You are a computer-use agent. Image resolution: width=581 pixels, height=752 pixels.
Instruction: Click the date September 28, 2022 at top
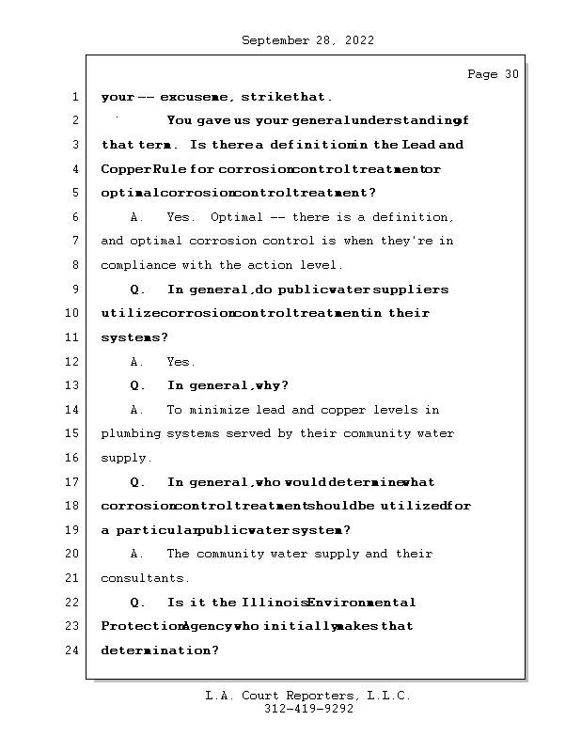click(307, 40)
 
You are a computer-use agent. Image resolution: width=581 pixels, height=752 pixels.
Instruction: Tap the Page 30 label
click(493, 74)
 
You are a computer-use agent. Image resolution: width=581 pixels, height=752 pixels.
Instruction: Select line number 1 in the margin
click(73, 97)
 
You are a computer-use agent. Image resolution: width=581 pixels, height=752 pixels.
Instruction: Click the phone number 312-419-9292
click(308, 710)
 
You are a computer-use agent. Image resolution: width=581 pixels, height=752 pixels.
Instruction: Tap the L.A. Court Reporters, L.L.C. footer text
click(307, 696)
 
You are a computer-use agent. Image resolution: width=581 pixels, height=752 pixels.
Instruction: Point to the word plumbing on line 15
click(131, 434)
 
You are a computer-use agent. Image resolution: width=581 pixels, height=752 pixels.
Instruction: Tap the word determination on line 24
click(159, 650)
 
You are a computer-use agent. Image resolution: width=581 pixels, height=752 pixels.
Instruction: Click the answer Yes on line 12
click(181, 362)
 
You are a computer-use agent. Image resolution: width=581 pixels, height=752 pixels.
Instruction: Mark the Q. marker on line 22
click(137, 603)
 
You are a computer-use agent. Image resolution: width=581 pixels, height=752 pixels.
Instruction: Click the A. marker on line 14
click(137, 410)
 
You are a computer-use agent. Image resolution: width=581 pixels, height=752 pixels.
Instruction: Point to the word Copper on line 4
click(123, 169)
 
